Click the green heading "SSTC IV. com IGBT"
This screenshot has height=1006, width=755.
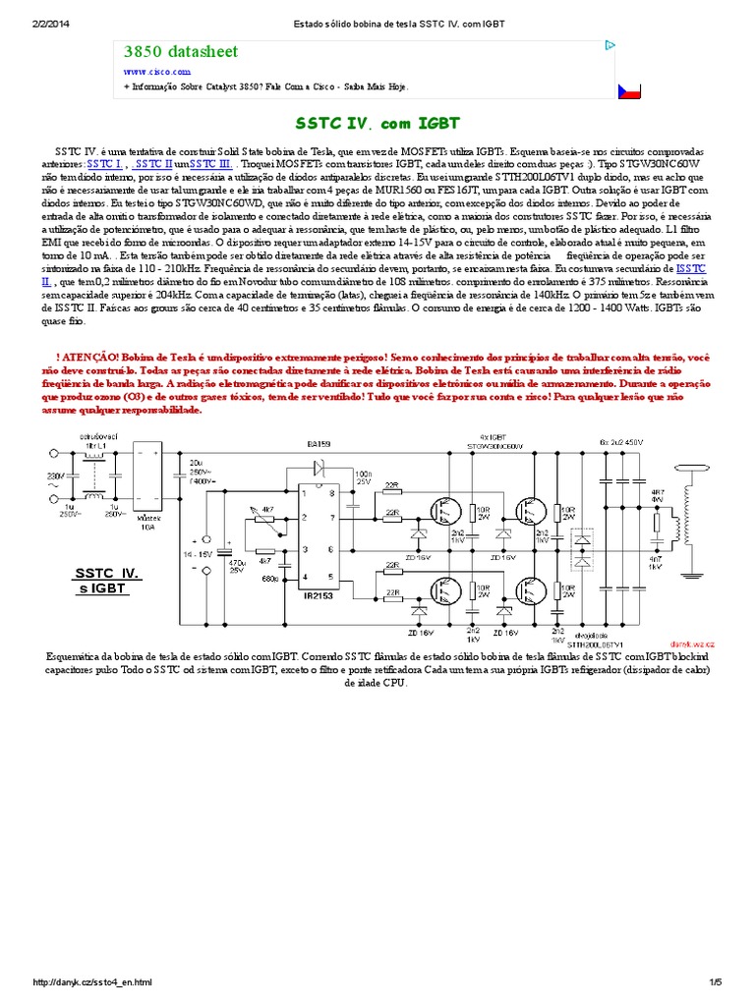[x=377, y=124]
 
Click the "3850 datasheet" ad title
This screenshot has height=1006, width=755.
[x=181, y=51]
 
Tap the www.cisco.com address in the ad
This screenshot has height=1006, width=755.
[x=156, y=72]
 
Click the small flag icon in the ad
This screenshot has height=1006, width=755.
[x=628, y=89]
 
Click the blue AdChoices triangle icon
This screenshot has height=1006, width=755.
[x=610, y=44]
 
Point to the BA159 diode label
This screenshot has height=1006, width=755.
[x=319, y=444]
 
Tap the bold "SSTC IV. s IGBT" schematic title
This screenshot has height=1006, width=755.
[x=108, y=580]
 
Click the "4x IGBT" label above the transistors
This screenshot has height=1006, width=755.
[x=493, y=436]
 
